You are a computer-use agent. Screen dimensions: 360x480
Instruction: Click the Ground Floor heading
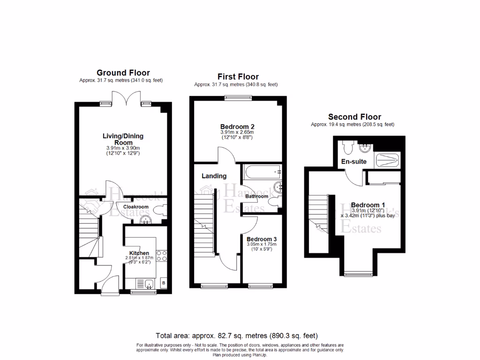[x=123, y=73]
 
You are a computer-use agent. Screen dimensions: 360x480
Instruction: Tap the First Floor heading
[x=238, y=76]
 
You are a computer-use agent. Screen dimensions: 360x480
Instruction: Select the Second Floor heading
[x=354, y=117]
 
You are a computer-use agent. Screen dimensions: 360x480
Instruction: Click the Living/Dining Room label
[x=123, y=139]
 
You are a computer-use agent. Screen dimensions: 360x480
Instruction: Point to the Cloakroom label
[x=136, y=207]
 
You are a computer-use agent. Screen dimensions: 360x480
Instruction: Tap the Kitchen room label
[x=139, y=253]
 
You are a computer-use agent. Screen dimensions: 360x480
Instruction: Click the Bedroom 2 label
[x=237, y=127]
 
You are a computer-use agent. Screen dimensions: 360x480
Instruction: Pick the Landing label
[x=214, y=176]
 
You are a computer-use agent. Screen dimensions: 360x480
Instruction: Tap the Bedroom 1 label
[x=368, y=205]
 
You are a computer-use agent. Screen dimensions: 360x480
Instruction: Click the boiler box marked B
[x=164, y=284]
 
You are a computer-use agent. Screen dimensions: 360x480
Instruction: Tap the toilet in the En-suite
[x=347, y=147]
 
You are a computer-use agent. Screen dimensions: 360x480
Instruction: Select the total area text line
[x=237, y=336]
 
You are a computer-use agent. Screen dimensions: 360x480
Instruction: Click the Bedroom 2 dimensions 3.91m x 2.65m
[x=237, y=133]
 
